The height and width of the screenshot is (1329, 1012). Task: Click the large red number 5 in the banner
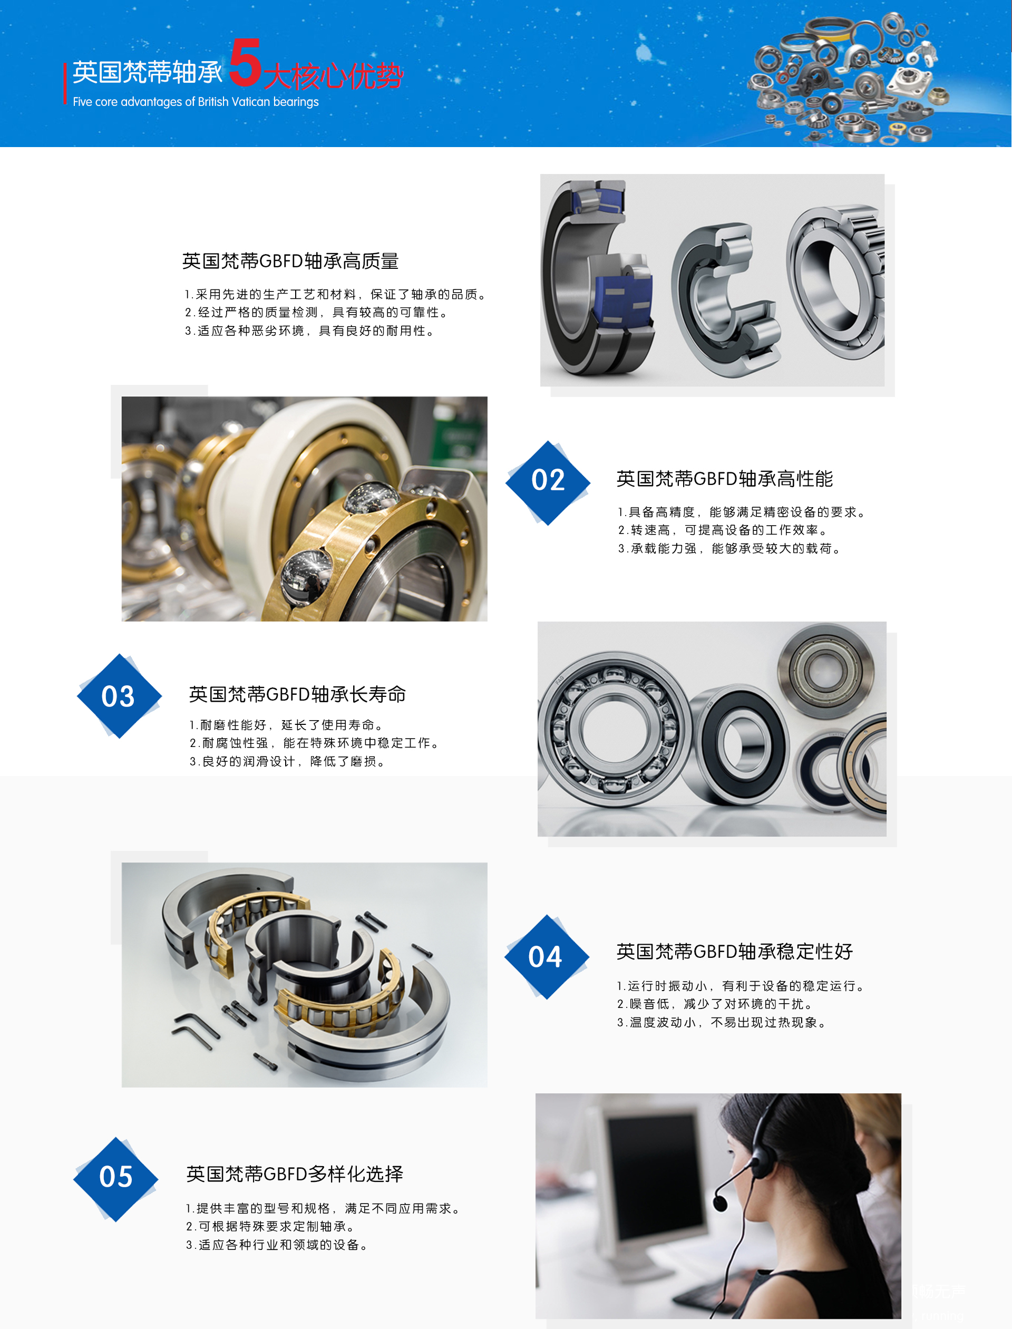[245, 63]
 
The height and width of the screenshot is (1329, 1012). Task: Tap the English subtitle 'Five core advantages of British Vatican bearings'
[195, 102]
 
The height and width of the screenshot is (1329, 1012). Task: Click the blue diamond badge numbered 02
[548, 482]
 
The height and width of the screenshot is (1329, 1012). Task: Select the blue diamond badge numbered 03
[119, 696]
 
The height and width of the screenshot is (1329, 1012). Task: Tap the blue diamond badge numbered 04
[546, 957]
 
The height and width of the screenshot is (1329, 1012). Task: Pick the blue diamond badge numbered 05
[115, 1178]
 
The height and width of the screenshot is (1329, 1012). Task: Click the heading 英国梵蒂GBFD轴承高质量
[290, 261]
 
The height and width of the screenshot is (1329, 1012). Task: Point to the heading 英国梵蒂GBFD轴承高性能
[724, 479]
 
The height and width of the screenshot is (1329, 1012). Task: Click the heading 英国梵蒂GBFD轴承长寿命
[297, 694]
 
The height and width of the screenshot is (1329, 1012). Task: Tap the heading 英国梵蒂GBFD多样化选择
[295, 1173]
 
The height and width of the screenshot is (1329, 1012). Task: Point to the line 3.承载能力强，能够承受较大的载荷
[729, 549]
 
